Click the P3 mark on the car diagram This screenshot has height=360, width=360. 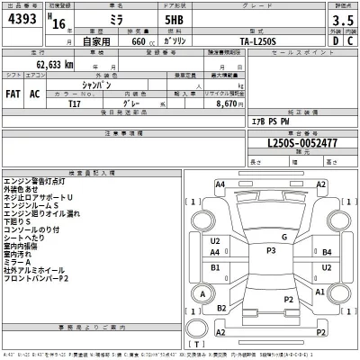(x=270, y=249)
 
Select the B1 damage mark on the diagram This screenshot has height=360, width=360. (x=216, y=267)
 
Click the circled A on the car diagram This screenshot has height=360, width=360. (x=203, y=293)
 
